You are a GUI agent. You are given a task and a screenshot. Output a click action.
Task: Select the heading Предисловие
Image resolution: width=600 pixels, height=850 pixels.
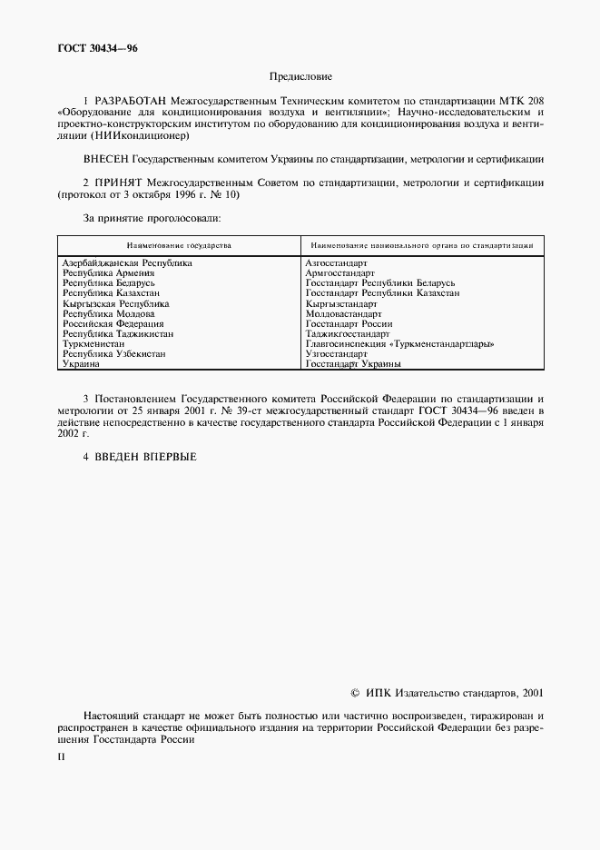(x=300, y=78)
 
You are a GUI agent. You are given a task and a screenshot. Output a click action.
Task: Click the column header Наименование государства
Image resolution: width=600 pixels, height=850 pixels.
(x=179, y=245)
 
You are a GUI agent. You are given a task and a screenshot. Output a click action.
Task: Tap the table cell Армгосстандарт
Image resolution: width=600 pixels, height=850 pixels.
(x=339, y=272)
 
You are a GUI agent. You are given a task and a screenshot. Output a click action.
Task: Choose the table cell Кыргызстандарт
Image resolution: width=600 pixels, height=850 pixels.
(x=341, y=303)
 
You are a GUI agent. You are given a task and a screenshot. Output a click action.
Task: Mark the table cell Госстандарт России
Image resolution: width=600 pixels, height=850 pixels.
(x=349, y=323)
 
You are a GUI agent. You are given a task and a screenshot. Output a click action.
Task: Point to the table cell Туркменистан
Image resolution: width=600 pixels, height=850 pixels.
(x=94, y=344)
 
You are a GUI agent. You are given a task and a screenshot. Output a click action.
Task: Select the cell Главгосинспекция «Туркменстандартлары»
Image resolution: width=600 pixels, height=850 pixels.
(x=399, y=344)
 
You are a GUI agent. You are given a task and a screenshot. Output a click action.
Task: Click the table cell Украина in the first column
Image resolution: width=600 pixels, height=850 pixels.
(x=82, y=364)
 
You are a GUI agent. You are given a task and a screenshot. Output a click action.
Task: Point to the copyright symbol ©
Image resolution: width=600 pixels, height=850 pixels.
(x=355, y=692)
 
